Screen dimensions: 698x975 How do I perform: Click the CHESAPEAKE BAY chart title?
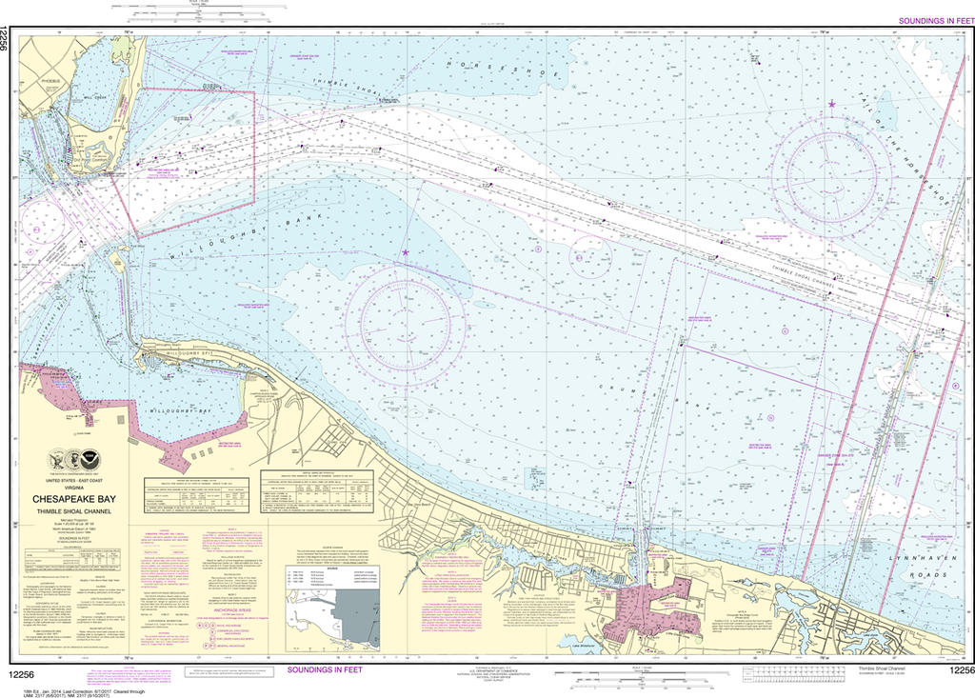75,497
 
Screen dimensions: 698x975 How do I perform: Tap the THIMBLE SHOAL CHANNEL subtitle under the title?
75,511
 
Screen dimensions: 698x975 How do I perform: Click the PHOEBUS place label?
50,82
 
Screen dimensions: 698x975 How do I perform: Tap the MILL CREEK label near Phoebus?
95,97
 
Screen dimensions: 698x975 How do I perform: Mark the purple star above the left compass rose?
406,252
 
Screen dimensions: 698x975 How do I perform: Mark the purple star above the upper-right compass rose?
831,103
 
